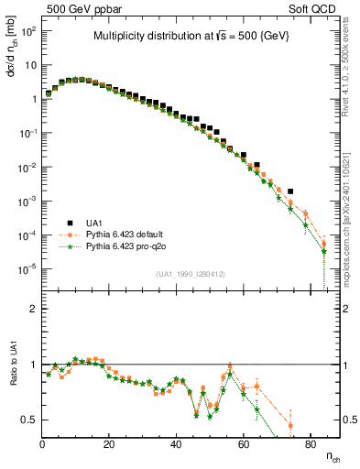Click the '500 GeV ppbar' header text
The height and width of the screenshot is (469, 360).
click(x=80, y=7)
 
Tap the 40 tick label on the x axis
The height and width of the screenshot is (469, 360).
click(x=176, y=444)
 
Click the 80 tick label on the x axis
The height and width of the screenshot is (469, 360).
click(x=310, y=444)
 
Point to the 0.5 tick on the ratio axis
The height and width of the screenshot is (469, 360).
click(x=29, y=420)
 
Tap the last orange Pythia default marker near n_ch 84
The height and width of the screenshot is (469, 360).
click(x=323, y=244)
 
